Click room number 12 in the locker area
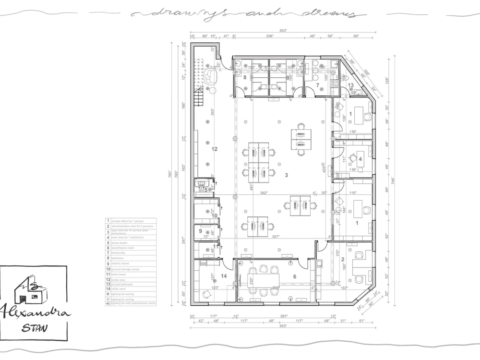tap(215, 149)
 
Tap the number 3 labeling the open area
tap(287, 175)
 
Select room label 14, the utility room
tap(223, 276)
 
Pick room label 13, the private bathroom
tap(351, 85)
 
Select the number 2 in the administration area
tap(343, 259)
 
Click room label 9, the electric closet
tap(200, 231)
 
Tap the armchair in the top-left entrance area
tap(211, 76)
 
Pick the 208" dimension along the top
tap(269, 36)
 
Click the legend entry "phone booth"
tap(120, 242)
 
